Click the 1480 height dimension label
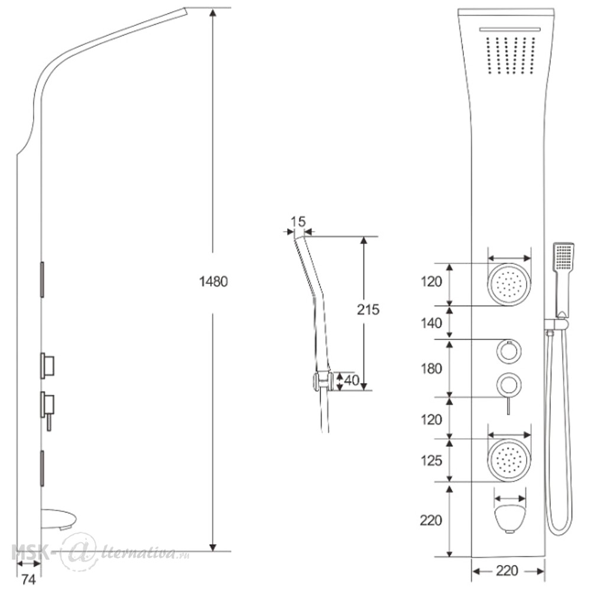(x=213, y=281)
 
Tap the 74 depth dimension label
(x=28, y=580)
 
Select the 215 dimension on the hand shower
(x=368, y=310)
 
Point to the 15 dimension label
(x=298, y=222)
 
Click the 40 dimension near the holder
(x=351, y=380)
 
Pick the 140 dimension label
(x=431, y=323)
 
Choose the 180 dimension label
(x=431, y=368)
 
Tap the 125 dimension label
(x=431, y=460)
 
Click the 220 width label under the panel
(x=507, y=571)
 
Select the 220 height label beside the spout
(x=431, y=520)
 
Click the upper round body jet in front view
(x=509, y=284)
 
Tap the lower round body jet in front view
(x=509, y=460)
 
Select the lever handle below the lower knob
(x=508, y=405)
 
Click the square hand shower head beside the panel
(x=563, y=256)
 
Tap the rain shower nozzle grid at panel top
(x=511, y=55)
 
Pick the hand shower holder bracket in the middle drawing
(x=321, y=381)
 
